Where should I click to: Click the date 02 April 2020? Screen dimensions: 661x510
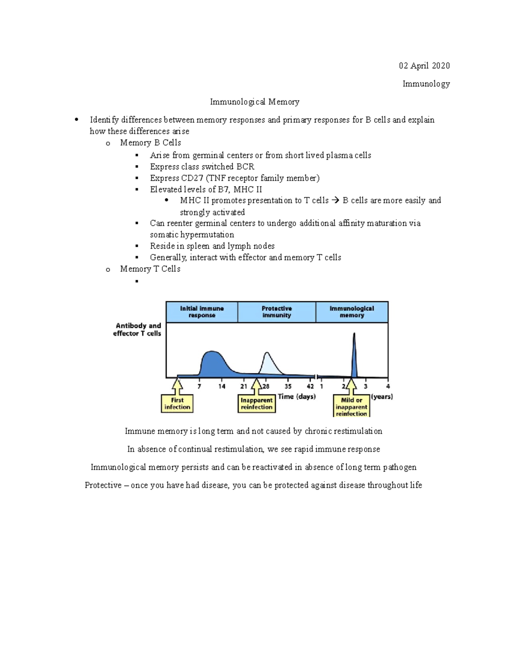424,66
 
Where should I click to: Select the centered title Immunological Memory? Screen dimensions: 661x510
255,102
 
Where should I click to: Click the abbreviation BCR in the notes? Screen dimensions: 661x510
245,166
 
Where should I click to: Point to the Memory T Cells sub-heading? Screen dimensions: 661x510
150,269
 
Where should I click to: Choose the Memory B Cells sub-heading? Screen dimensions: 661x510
150,143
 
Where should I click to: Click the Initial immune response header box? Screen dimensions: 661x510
202,312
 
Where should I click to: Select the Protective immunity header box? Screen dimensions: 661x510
277,312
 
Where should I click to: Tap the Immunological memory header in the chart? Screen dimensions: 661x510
351,312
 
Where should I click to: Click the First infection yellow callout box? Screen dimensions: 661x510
177,403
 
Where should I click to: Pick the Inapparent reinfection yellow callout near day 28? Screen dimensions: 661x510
256,403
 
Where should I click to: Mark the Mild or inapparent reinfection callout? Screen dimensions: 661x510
351,406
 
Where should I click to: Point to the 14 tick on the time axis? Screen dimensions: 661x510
222,386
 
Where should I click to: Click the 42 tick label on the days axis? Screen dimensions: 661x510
310,386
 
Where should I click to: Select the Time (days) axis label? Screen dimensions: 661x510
297,397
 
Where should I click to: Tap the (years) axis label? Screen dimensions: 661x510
382,397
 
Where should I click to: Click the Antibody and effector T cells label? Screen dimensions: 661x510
137,329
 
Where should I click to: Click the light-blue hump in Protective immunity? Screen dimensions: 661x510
268,364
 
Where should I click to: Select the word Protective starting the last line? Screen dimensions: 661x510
103,485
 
